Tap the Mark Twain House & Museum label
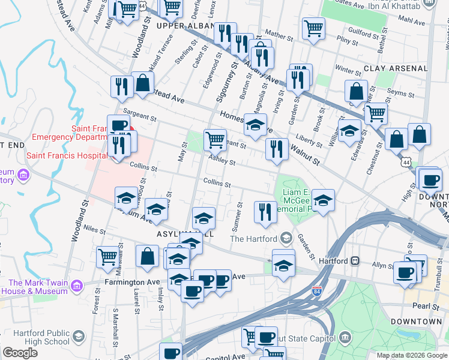pyautogui.click(x=38, y=287)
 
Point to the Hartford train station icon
pyautogui.click(x=355, y=261)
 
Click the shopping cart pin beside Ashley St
pyautogui.click(x=215, y=140)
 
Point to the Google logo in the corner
pyautogui.click(x=20, y=353)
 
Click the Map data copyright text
pyautogui.click(x=411, y=355)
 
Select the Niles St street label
pyautogui.click(x=95, y=229)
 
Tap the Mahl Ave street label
pyautogui.click(x=411, y=20)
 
